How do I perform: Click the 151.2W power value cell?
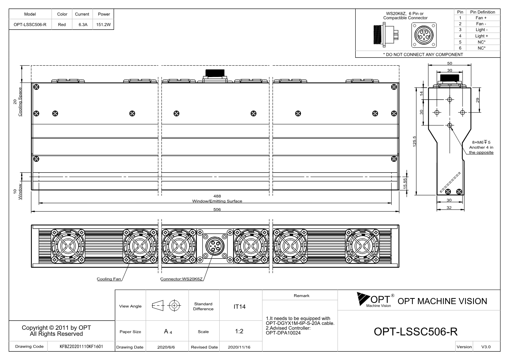click(x=103, y=25)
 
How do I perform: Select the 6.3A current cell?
click(x=83, y=25)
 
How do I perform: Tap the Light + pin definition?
click(x=481, y=36)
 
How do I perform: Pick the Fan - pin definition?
click(x=481, y=24)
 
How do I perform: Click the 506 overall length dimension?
click(x=217, y=209)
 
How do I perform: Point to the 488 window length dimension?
click(x=217, y=196)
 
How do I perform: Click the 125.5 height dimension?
click(x=415, y=141)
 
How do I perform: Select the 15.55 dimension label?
click(x=405, y=184)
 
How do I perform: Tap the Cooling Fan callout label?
click(x=109, y=279)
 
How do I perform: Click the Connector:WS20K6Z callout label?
click(x=181, y=279)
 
